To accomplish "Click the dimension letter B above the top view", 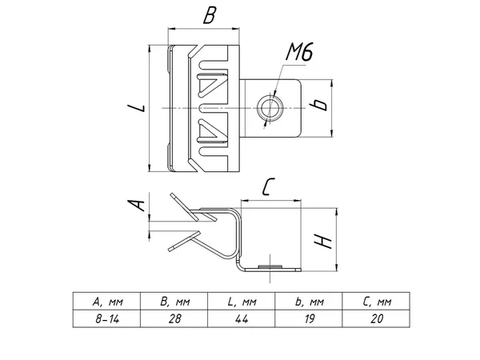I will (x=210, y=14).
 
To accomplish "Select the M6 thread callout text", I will (x=298, y=55).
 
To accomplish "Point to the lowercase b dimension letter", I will (x=320, y=105).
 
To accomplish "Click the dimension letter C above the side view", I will (x=269, y=189).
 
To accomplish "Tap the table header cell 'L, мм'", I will (x=241, y=302).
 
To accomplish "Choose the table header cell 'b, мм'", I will (x=308, y=302).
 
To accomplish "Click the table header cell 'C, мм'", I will (x=375, y=302).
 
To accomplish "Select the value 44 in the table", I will (x=241, y=318).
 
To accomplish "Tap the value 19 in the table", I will (x=308, y=318).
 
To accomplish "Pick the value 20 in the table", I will (x=375, y=318).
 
